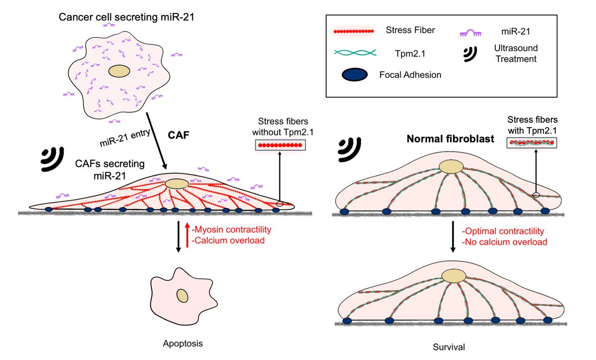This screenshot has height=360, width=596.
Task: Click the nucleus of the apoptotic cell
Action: pos(183,296)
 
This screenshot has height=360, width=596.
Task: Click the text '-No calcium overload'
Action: pos(504,242)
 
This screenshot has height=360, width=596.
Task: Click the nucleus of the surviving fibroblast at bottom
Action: pos(453,277)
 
